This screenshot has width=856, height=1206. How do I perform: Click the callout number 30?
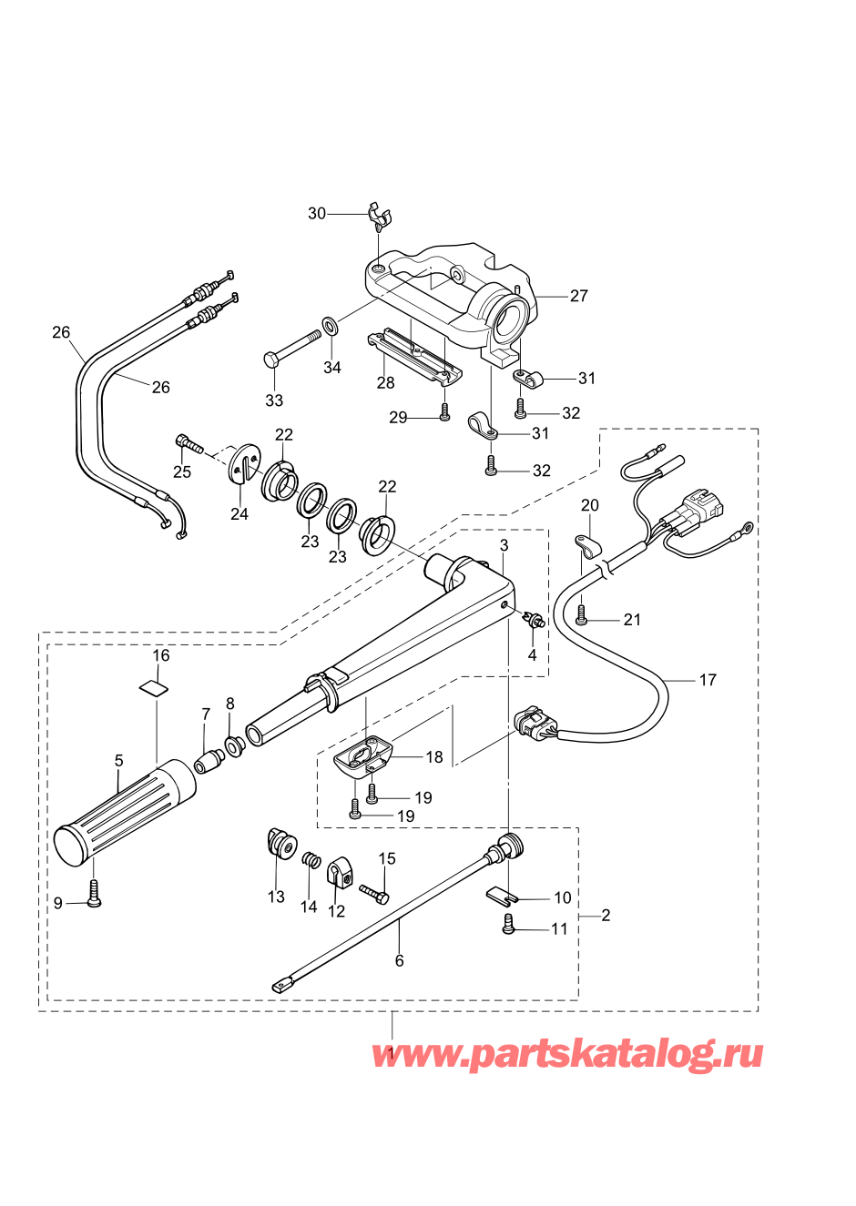(x=316, y=213)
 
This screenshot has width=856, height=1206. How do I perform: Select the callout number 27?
(x=579, y=295)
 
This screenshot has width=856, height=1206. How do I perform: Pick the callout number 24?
(x=239, y=514)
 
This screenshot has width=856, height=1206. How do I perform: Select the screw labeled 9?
(x=93, y=894)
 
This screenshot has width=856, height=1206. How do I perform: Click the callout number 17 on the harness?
(x=708, y=680)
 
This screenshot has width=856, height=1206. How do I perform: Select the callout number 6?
(x=399, y=960)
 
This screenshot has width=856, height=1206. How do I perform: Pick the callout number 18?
(x=434, y=756)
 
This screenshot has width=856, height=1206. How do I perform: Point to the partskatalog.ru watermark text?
(x=566, y=1055)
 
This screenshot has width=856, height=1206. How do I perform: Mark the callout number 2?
(x=606, y=915)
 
